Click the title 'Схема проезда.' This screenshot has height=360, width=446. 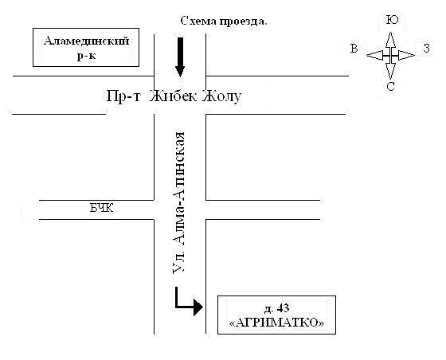point(224,22)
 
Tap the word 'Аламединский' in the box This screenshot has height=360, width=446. point(87,41)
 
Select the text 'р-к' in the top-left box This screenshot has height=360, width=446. point(86,56)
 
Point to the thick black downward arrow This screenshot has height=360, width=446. point(180,57)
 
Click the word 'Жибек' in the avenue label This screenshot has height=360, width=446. point(174,96)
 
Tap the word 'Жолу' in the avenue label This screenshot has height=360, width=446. point(222,96)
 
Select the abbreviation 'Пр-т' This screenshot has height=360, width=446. point(123,96)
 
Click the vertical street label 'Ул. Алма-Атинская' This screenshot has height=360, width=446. point(179,203)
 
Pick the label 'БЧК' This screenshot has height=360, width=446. point(102,209)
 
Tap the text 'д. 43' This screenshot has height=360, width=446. point(276,308)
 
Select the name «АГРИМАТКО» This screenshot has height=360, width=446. point(276,323)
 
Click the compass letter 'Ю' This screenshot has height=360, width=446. point(392,20)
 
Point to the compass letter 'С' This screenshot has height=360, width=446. point(390,86)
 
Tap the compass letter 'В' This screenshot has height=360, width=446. point(354,49)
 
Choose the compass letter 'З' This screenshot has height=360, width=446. point(426,49)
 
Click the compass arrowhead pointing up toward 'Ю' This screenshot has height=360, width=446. point(390,40)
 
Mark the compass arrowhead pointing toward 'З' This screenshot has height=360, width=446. point(406,55)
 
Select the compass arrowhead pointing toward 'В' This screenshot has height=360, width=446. point(374,55)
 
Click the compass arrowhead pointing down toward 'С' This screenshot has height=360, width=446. point(390,71)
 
